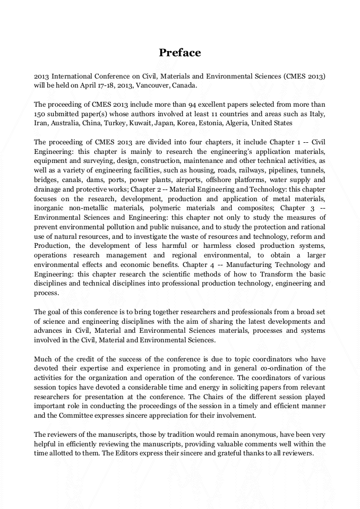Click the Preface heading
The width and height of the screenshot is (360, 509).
click(180, 53)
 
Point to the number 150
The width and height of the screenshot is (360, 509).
click(40, 114)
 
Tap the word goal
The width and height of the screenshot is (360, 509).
click(56, 312)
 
